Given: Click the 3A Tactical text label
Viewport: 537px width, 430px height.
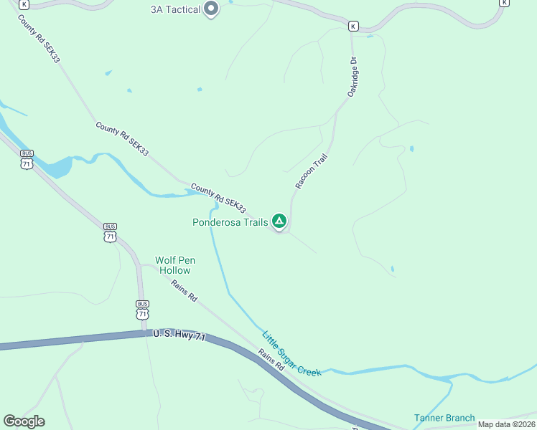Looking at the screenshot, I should [175, 10].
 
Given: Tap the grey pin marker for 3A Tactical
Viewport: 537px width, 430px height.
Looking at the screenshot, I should [211, 9].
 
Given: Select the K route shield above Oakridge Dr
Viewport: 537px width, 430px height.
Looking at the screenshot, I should [352, 27].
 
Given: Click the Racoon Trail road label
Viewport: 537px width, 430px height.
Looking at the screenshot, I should [311, 172].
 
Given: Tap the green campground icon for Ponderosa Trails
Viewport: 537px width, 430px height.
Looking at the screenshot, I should [279, 221].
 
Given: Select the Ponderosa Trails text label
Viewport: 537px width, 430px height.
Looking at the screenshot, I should [230, 222].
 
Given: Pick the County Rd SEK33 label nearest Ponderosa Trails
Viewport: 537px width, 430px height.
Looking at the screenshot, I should [219, 199].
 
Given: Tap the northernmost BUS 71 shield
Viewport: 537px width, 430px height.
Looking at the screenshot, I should [27, 160].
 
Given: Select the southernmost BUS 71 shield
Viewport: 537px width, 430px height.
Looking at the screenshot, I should [142, 310].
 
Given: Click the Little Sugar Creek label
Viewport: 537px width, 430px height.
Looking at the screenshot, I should [291, 354].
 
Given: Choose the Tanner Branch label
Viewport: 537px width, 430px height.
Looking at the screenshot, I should [444, 418].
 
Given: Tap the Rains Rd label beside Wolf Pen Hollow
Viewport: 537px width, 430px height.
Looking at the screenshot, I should [184, 290].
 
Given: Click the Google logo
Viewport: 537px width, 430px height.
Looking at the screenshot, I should [24, 421].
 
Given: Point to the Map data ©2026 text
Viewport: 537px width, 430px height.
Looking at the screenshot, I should [506, 424].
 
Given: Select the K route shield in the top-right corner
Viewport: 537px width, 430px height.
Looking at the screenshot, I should [504, 3].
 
